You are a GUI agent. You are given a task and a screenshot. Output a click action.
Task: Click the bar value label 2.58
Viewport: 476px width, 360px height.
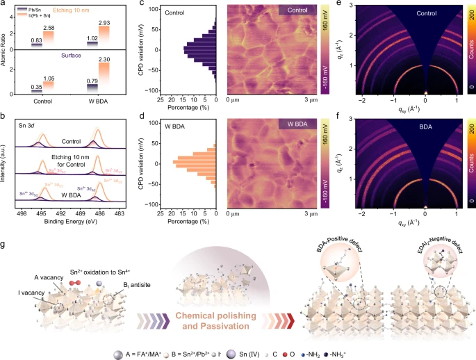coord(48,27)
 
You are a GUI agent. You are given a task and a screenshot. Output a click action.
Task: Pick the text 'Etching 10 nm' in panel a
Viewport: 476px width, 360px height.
coord(76,13)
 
